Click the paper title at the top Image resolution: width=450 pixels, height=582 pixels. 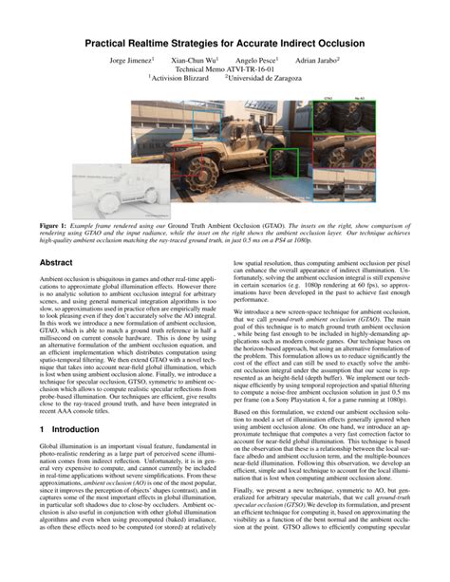coord(225,43)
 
